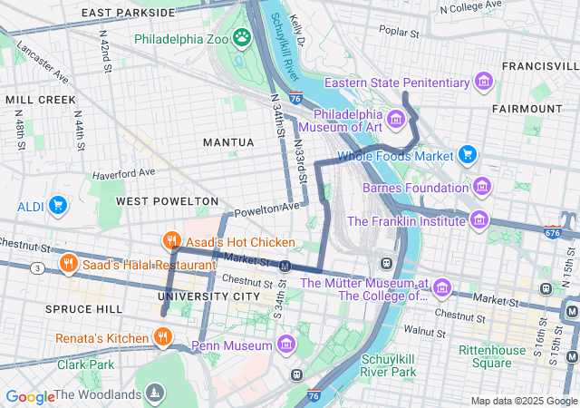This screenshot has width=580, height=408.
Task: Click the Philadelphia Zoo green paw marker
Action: point(242,38)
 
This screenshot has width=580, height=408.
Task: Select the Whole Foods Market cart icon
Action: point(468,155)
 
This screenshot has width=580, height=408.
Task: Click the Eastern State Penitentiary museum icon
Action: point(484,83)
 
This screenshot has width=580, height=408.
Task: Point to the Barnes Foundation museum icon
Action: point(482,188)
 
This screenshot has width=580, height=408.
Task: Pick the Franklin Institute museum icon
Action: point(478,220)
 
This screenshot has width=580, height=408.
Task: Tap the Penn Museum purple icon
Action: point(286,345)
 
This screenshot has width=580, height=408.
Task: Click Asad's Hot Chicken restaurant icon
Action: point(169,241)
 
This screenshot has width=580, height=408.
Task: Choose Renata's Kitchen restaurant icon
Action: point(162,338)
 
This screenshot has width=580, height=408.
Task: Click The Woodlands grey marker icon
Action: point(157,393)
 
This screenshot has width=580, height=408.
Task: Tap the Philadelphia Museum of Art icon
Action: point(395,120)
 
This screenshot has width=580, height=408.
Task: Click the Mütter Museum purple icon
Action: point(442,288)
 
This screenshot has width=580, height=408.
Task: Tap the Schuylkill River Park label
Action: point(388,365)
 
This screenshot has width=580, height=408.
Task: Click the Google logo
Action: point(30,396)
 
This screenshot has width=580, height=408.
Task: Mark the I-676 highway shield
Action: point(553,233)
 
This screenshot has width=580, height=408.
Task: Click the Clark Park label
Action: point(86,364)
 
